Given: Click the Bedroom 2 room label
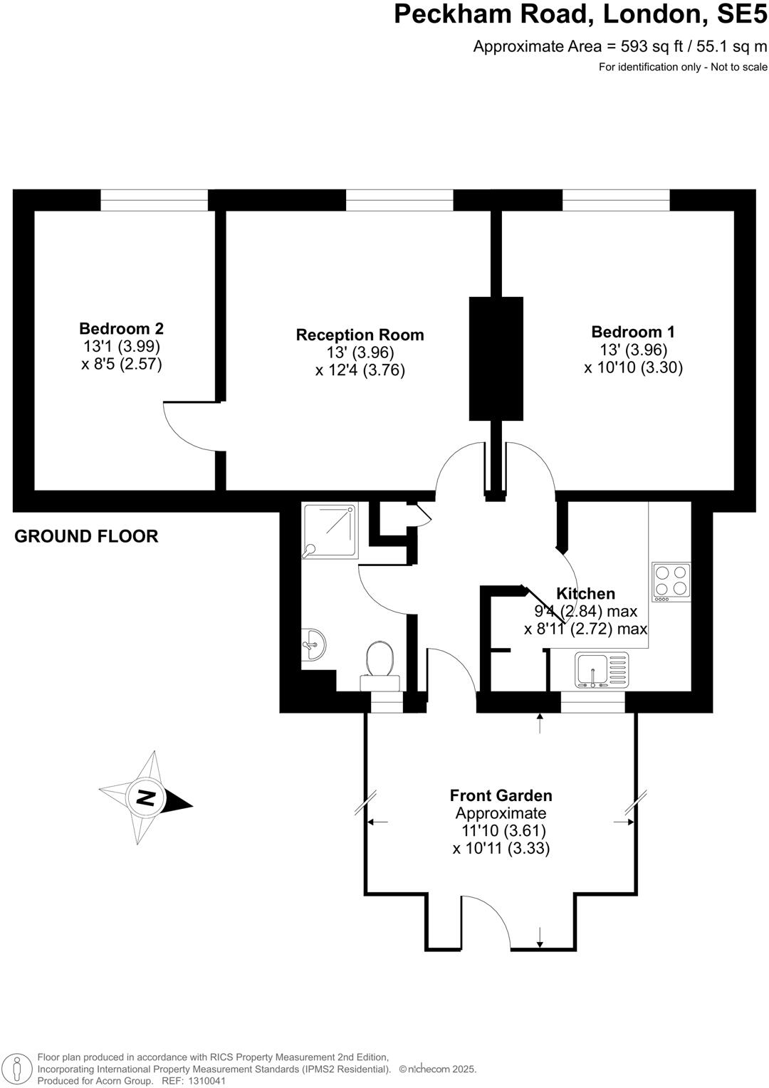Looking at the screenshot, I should pos(121,329).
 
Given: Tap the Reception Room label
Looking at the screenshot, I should pos(360,335).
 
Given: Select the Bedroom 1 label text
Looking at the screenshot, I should pos(633,332).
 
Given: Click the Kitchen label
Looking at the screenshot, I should pos(585,594).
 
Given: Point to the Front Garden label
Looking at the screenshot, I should pos(501,796).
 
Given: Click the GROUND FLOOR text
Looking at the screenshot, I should pos(86,536).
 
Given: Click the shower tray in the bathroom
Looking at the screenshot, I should pos(330,530).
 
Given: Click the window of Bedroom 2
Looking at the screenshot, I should pos(154,201).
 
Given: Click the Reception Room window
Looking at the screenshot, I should pos(399,201).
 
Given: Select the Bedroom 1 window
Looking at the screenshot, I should pos(616,201).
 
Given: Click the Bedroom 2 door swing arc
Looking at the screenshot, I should pos(187,427).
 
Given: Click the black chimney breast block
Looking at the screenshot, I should pos(496,359).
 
